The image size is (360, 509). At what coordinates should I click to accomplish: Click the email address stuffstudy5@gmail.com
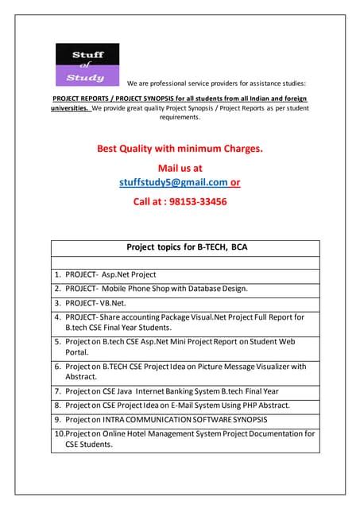click(x=172, y=182)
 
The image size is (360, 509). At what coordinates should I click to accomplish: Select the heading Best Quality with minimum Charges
click(x=180, y=148)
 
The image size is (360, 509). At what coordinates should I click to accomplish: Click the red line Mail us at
click(x=180, y=168)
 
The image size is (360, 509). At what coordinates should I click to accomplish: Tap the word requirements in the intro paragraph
click(x=180, y=117)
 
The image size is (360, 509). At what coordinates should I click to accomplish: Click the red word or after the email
click(x=235, y=182)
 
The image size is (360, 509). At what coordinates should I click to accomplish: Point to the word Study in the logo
click(x=85, y=77)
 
